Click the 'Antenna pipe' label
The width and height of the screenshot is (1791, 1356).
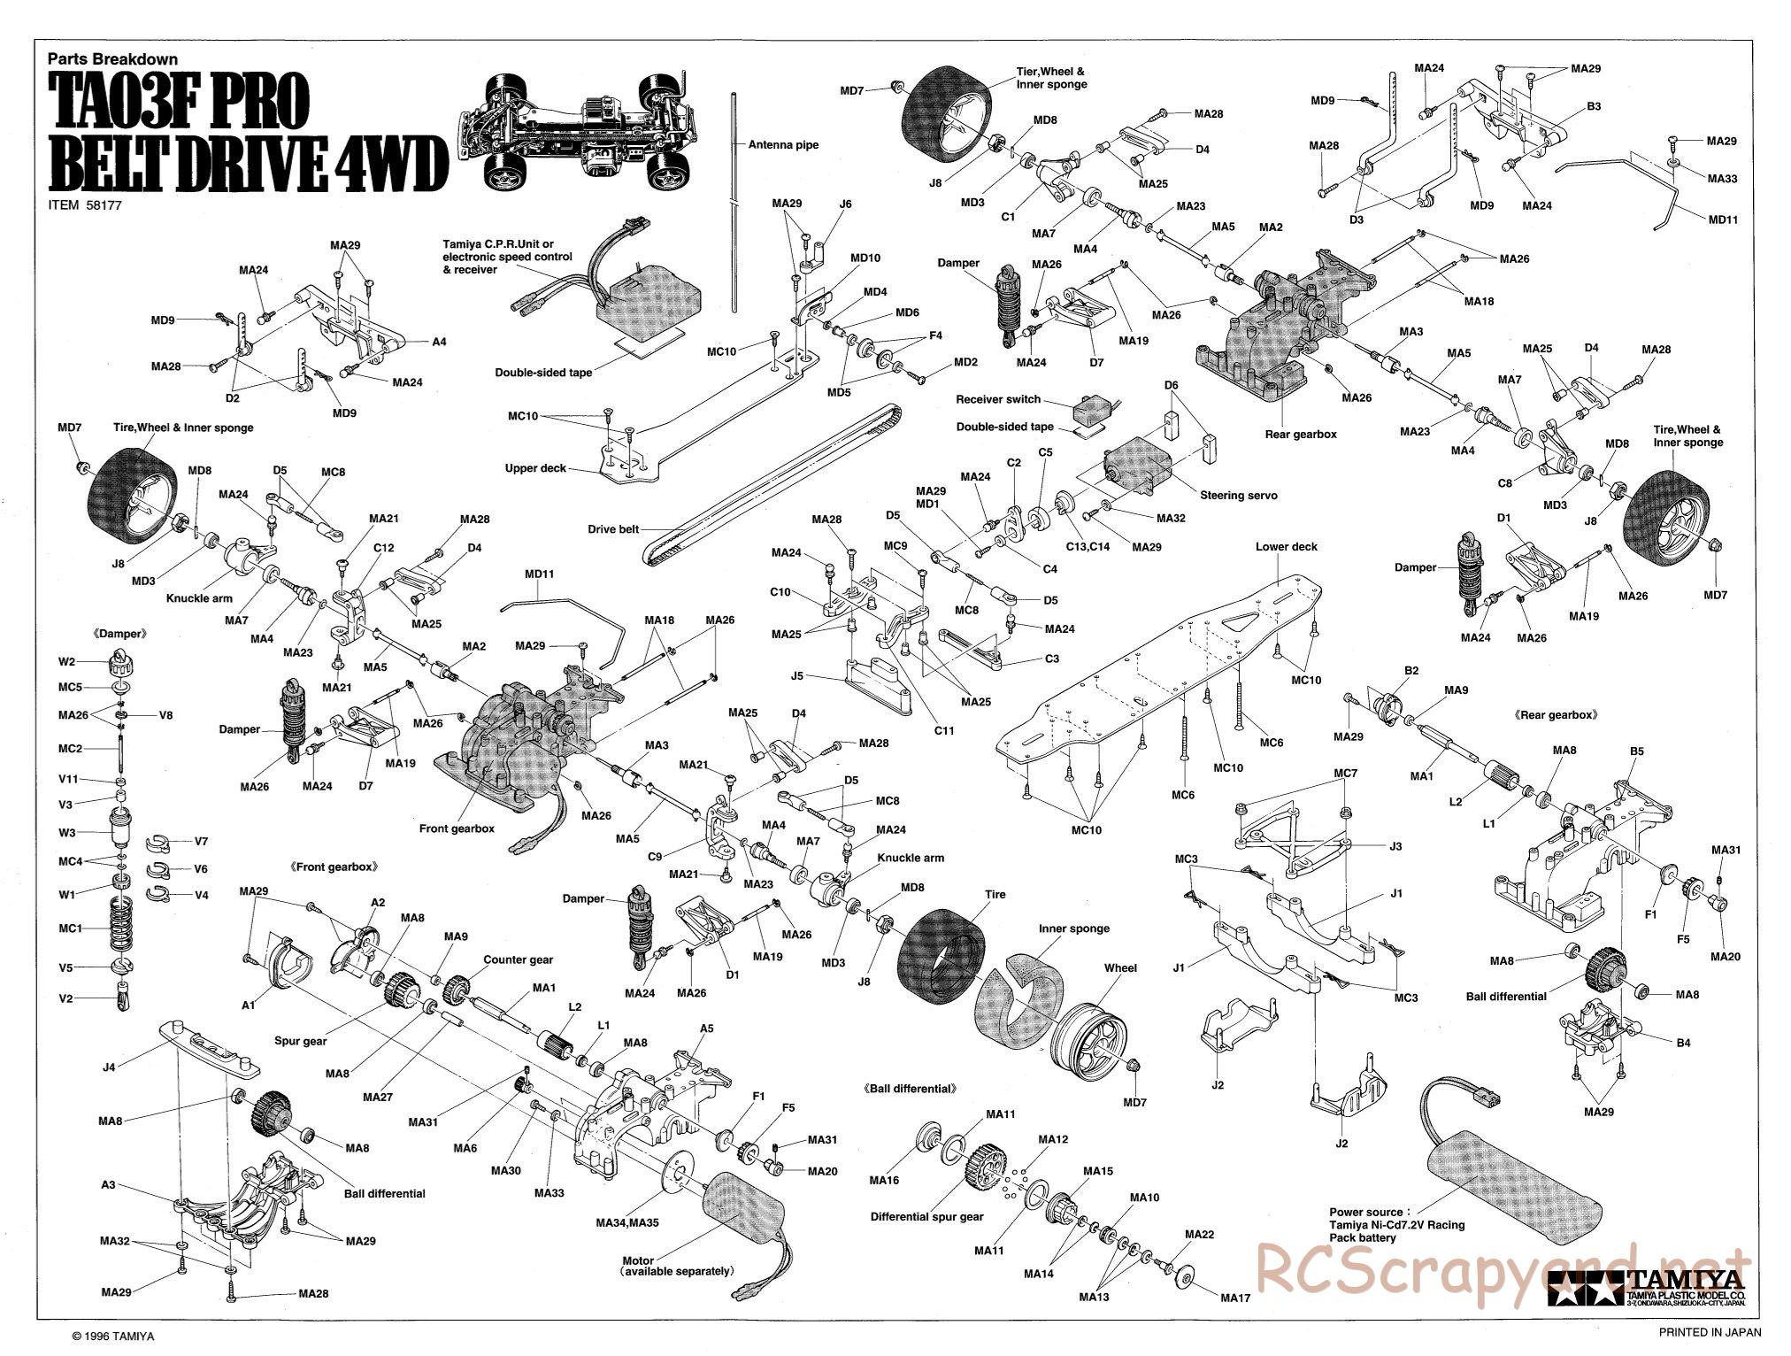[x=783, y=145]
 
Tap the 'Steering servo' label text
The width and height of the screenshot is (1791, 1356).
[x=1238, y=496]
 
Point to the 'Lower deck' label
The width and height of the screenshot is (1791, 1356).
[x=1286, y=547]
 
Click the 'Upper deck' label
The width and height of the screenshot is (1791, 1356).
[x=535, y=468]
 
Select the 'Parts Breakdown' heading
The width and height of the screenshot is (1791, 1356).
[x=112, y=59]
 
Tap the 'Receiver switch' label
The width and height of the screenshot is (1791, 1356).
[x=998, y=399]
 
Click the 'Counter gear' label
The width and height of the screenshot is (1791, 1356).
[x=518, y=959]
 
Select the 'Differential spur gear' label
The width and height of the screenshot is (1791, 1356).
[x=926, y=1217]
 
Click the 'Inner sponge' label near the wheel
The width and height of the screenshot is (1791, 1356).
[x=1074, y=928]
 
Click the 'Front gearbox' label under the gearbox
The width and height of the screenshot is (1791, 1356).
[x=457, y=829]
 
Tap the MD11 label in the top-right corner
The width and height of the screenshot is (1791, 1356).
[x=1723, y=219]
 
